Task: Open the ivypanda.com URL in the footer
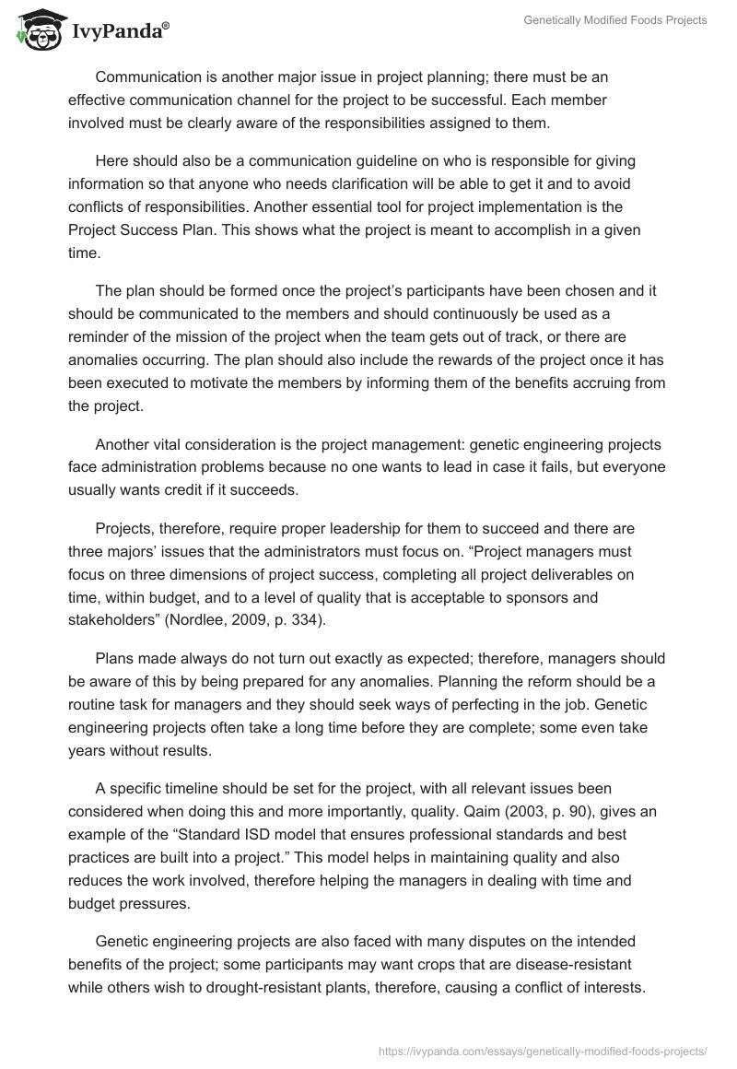[543, 1050]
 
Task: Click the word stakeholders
[111, 621]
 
